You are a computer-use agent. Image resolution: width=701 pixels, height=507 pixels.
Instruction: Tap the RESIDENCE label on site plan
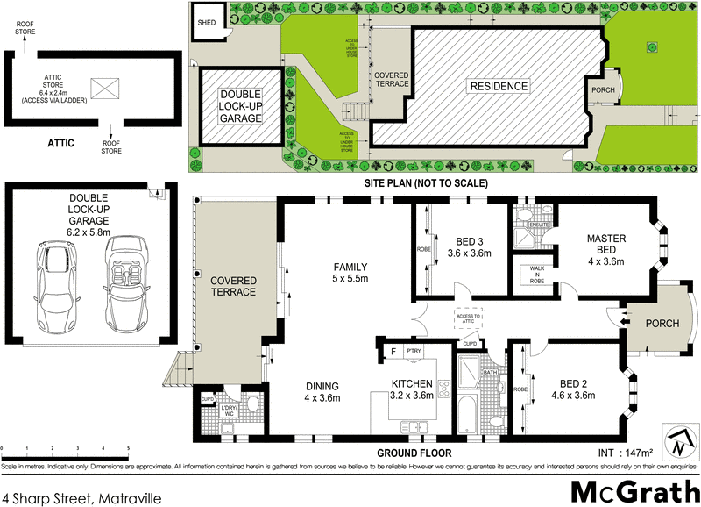(499, 86)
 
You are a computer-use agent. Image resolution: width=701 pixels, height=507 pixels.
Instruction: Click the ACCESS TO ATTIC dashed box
(469, 317)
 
